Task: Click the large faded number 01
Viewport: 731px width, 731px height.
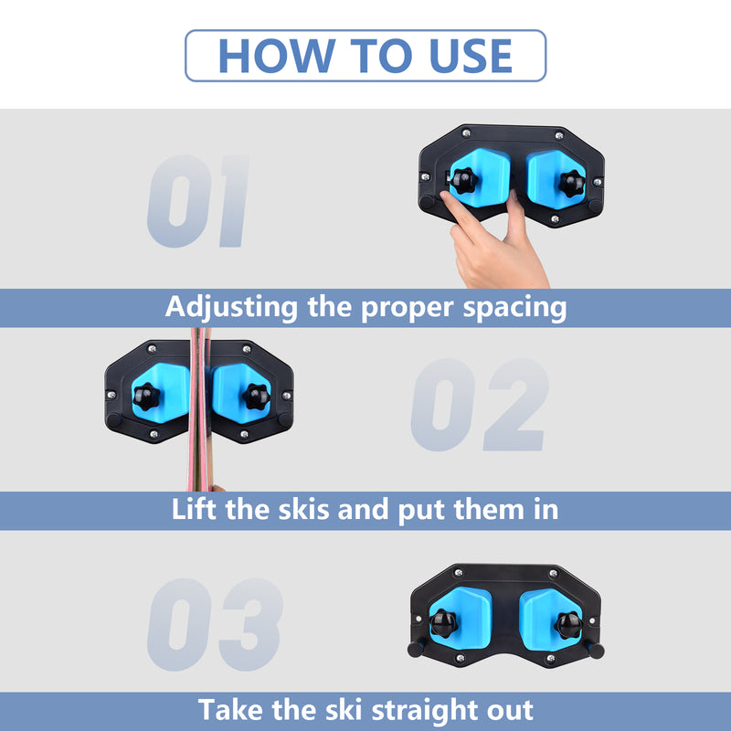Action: [198, 202]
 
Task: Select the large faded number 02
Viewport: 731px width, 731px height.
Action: [480, 405]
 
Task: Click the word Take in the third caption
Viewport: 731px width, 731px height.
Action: [231, 710]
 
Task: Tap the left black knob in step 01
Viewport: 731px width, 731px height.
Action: [462, 180]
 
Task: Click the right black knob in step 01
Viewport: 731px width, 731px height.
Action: [573, 183]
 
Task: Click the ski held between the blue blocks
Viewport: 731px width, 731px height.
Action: [198, 411]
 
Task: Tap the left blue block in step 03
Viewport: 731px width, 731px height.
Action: [463, 618]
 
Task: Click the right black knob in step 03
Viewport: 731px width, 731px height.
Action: [568, 624]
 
